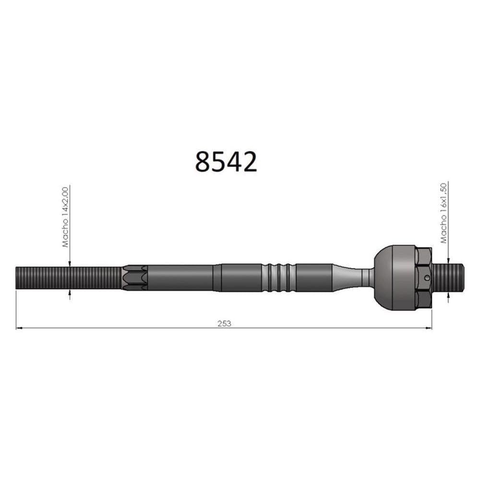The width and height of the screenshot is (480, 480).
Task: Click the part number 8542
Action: pos(226,162)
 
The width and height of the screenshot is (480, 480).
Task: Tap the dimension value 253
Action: pos(224,323)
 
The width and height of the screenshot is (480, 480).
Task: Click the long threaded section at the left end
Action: pos(67,278)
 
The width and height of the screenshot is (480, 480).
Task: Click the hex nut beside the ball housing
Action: pos(423,277)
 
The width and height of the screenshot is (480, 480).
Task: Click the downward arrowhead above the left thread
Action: pos(70,263)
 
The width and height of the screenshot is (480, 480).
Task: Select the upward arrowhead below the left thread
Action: pos(70,293)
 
